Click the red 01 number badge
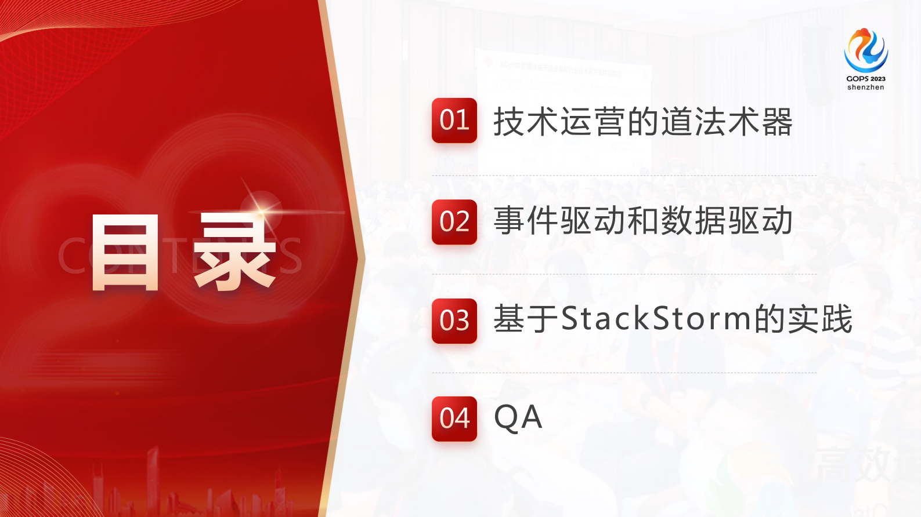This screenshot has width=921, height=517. coord(454,121)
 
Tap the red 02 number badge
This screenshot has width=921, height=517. coord(454,222)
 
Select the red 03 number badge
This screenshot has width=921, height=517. coord(454,321)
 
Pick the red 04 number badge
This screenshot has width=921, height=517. coord(454,418)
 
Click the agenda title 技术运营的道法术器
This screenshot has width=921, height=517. coord(643,122)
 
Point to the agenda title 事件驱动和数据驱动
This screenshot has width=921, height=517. coord(643,221)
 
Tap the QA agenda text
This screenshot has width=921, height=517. coord(518,418)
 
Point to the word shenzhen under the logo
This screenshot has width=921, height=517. coord(866,88)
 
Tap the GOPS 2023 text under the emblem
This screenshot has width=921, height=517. coord(866,79)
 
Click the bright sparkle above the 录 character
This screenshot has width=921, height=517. coord(262,208)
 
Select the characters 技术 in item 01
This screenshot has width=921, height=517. coord(526,122)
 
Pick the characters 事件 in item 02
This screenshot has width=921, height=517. coord(526,221)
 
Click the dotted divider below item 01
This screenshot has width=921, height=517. coord(624,176)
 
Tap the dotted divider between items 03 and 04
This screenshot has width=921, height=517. coord(624,373)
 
